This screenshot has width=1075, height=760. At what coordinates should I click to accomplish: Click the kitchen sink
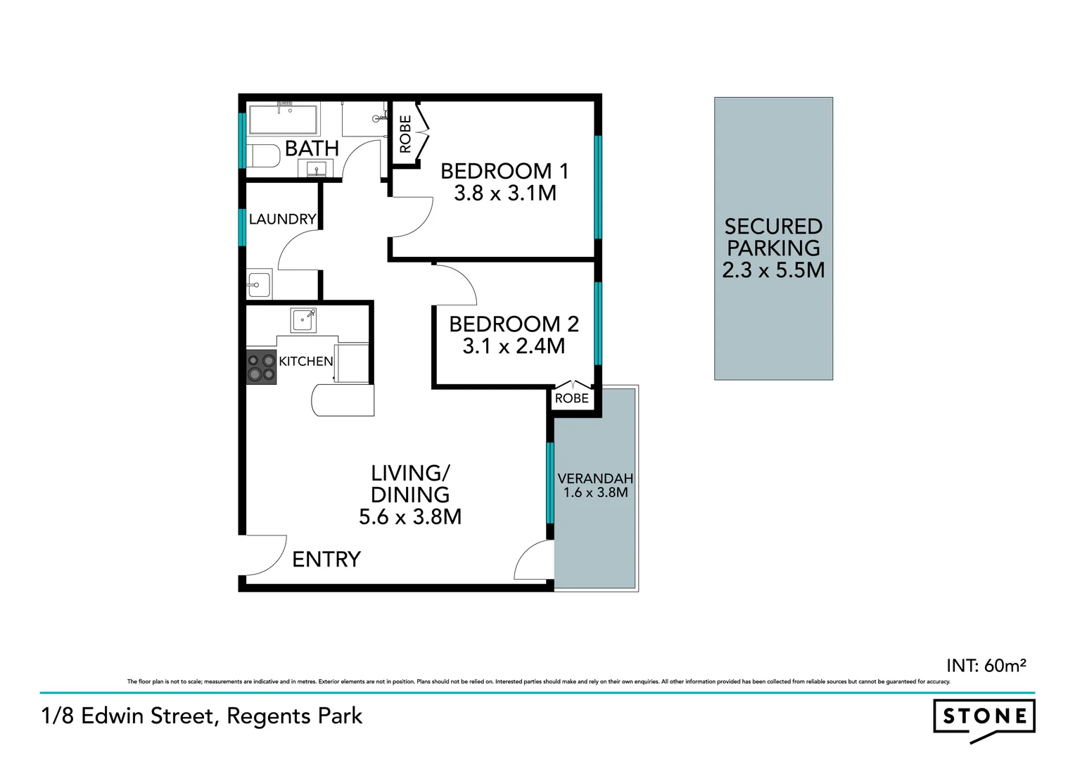pos(303,320)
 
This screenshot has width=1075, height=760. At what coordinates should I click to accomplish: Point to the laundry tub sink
pos(258,285)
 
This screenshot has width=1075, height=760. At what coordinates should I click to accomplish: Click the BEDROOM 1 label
pos(504,171)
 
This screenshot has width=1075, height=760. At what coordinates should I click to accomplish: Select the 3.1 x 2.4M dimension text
pos(514,346)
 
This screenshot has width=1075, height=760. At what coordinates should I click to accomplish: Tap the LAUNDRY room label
pos(282,219)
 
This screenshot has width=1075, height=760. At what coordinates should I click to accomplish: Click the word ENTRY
pos(326,559)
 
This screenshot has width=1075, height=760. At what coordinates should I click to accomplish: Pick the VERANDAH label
pos(595,479)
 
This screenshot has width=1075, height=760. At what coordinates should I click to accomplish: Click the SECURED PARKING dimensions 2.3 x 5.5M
pos(773,270)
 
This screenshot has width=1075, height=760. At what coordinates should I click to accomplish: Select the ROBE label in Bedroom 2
pos(571,398)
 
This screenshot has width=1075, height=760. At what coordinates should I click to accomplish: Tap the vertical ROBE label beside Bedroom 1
pos(405,134)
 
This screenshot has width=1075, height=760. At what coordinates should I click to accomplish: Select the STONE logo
pos(984,718)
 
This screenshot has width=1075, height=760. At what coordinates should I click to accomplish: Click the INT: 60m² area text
pos(986,665)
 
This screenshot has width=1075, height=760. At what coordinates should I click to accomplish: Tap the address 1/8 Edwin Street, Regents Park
pos(202,716)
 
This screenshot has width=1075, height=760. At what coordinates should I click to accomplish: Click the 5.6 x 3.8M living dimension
pos(410,517)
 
